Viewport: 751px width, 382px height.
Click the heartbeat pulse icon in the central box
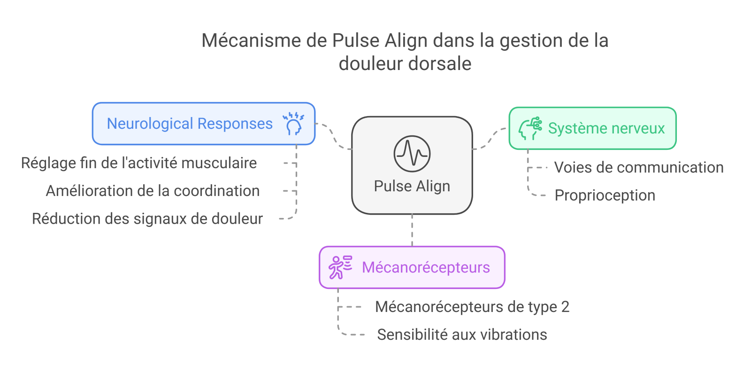click(x=412, y=154)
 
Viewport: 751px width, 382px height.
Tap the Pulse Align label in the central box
click(x=412, y=186)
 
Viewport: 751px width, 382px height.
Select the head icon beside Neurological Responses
click(x=293, y=124)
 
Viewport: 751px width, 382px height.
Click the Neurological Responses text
click(x=190, y=124)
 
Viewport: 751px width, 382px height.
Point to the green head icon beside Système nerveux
click(x=530, y=129)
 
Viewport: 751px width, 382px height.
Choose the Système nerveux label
click(x=606, y=128)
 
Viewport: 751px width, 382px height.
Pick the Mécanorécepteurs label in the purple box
click(x=426, y=267)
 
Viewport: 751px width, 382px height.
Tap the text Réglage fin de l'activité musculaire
click(x=139, y=163)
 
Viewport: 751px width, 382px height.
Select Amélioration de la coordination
click(x=153, y=191)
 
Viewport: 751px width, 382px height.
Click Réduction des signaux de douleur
click(x=147, y=218)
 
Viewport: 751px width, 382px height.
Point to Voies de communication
click(x=639, y=167)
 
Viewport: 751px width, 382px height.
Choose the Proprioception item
click(x=605, y=195)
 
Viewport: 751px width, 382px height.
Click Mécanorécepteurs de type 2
click(x=472, y=307)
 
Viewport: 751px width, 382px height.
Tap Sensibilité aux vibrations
click(x=462, y=335)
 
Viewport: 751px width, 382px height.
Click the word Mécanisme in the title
click(x=251, y=40)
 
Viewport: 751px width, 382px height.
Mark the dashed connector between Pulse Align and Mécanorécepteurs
click(x=412, y=230)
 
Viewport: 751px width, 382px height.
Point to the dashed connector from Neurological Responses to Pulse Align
click(x=334, y=137)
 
